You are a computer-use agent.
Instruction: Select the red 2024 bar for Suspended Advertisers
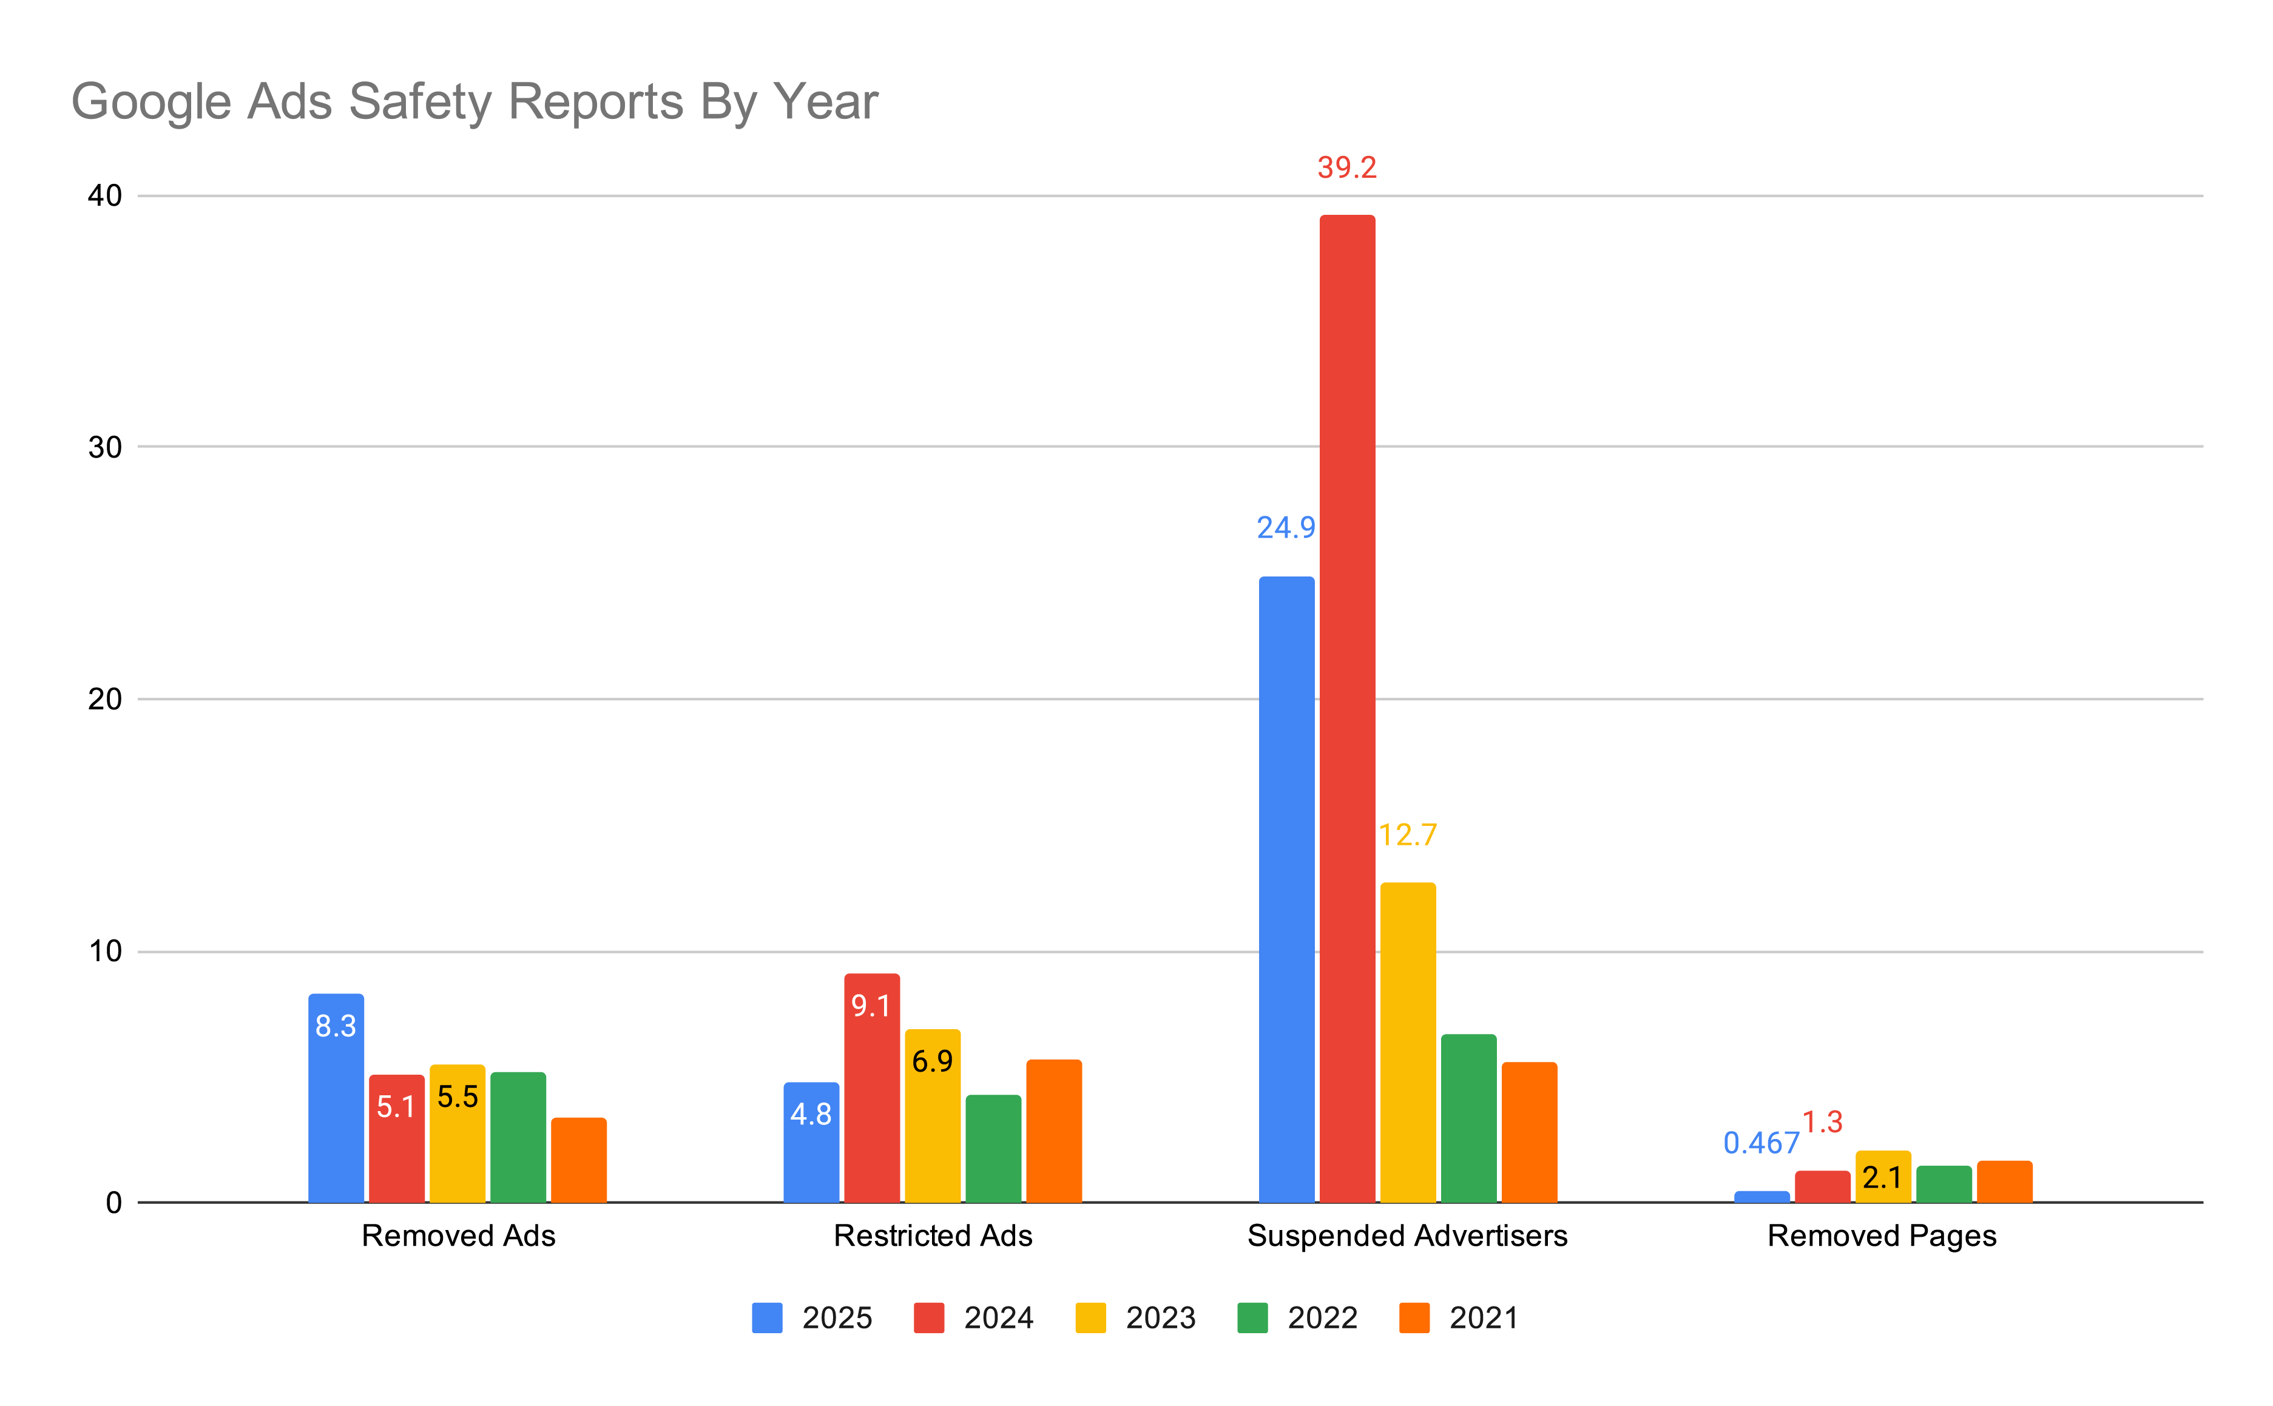pos(1347,707)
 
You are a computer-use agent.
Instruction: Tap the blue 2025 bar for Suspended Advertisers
pos(1286,888)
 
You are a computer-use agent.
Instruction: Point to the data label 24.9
pos(1286,527)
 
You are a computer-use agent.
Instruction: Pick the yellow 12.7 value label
pos(1408,834)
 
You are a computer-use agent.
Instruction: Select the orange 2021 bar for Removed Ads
pos(578,1160)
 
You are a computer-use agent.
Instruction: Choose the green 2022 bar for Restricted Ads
pos(993,1149)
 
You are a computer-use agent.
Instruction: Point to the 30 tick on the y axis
pos(105,447)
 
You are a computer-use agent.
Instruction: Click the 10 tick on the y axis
pos(105,951)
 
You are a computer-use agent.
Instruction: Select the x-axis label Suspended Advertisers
pos(1407,1236)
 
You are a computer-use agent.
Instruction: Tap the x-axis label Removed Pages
pos(1882,1236)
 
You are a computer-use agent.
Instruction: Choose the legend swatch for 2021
pos(1414,1317)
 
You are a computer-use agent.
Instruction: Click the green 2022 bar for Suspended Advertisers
pos(1468,1118)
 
